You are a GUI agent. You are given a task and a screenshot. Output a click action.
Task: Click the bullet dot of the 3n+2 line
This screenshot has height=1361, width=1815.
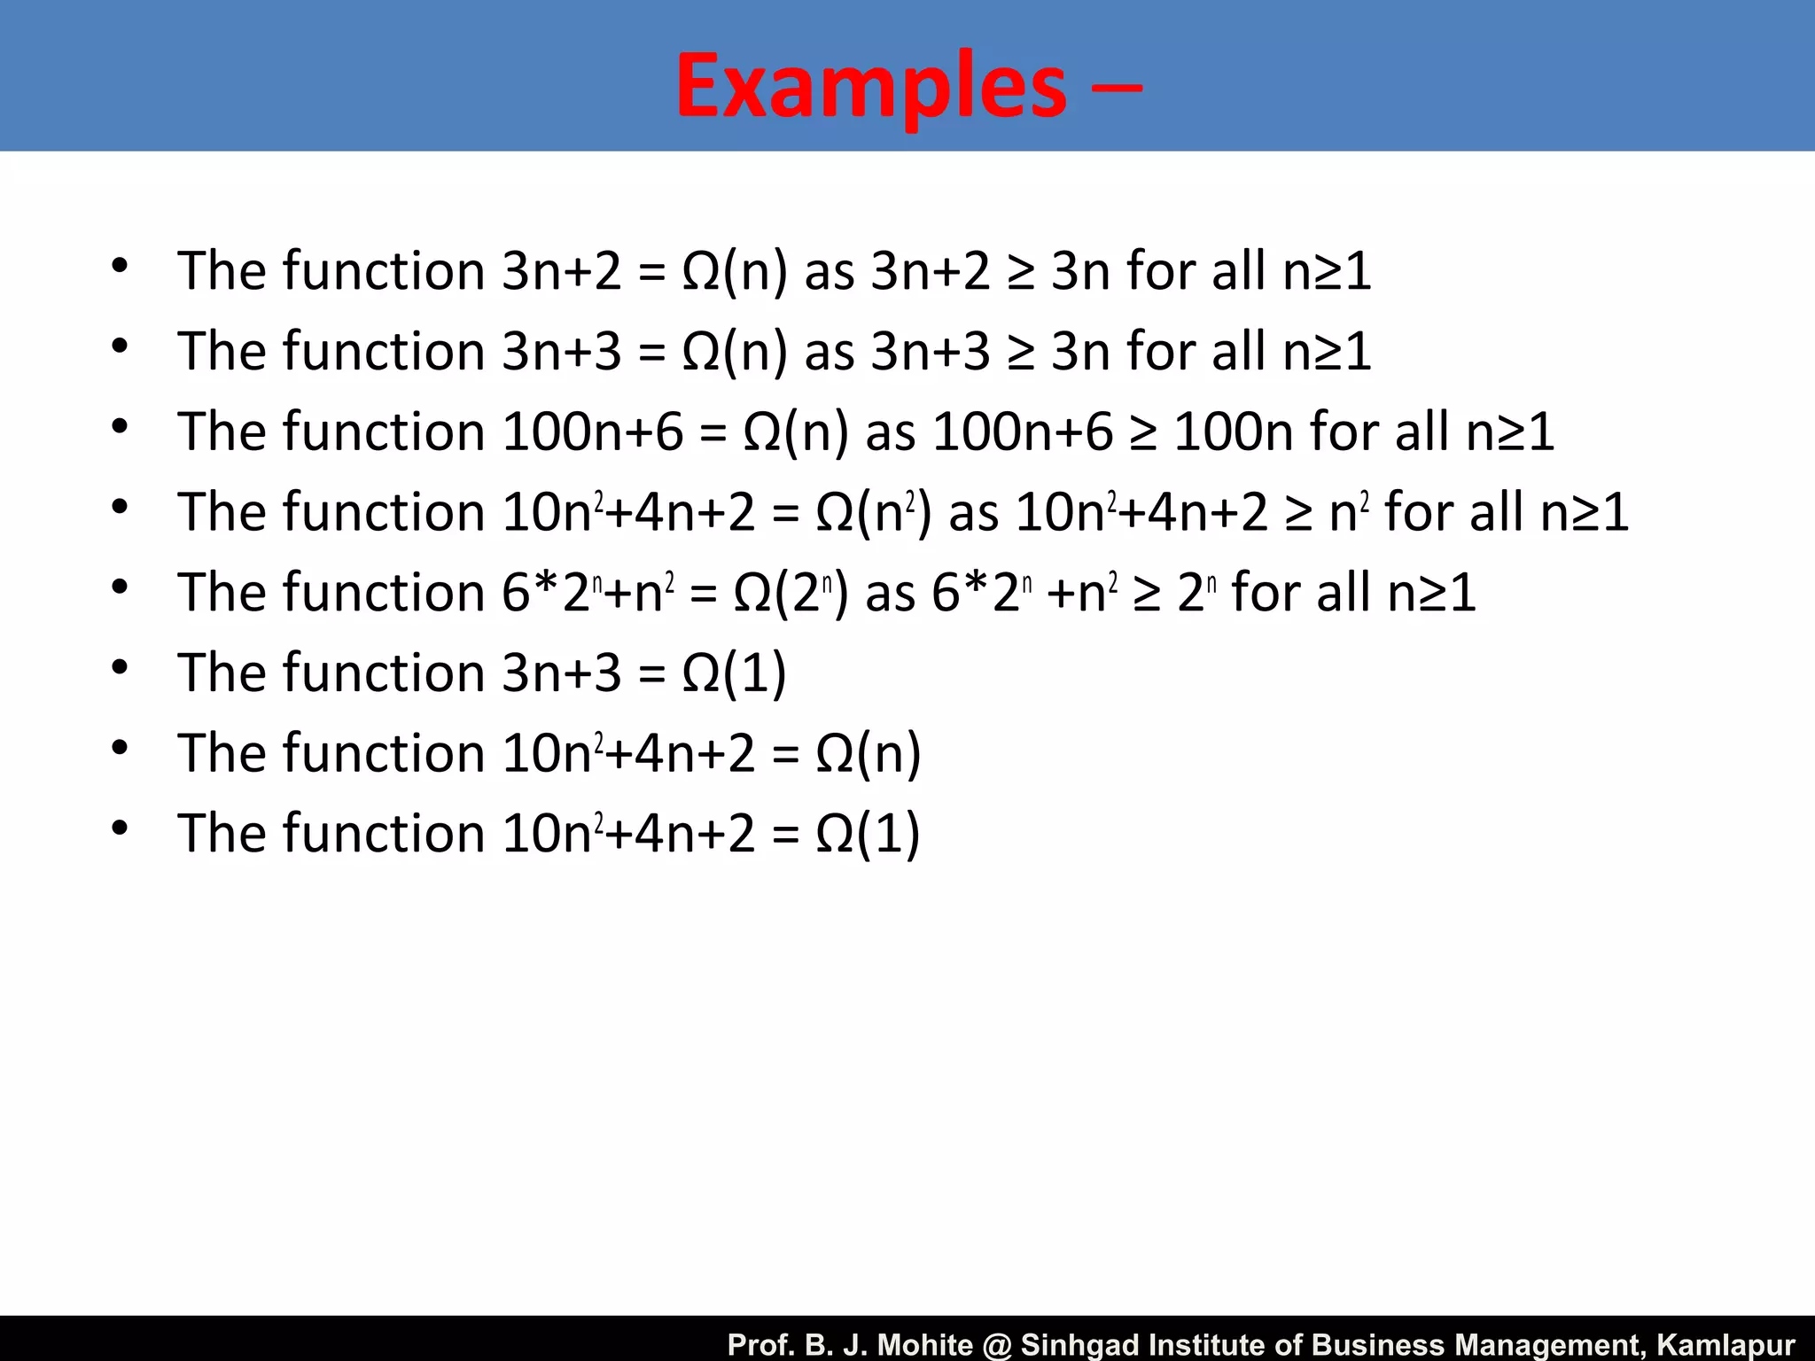pyautogui.click(x=120, y=265)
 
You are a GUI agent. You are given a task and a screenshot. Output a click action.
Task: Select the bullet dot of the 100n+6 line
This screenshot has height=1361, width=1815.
pyautogui.click(x=120, y=426)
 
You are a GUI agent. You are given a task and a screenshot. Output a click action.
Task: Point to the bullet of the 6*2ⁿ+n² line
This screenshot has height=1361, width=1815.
pyautogui.click(x=120, y=587)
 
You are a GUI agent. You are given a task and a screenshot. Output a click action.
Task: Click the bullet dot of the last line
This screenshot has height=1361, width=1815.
pyautogui.click(x=120, y=828)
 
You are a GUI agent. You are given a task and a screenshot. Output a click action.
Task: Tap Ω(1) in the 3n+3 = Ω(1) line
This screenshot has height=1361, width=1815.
pyautogui.click(x=734, y=673)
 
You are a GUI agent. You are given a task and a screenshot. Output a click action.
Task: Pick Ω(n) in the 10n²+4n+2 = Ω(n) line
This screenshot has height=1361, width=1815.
pyautogui.click(x=868, y=754)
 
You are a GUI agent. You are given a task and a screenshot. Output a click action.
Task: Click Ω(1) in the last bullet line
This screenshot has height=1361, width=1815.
pyautogui.click(x=868, y=835)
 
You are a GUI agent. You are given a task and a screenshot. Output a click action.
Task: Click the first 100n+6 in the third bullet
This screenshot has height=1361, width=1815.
pyautogui.click(x=593, y=432)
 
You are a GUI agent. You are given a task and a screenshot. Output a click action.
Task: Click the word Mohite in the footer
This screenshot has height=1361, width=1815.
pyautogui.click(x=925, y=1344)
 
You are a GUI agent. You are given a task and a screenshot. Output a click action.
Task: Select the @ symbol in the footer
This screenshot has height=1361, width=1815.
pyautogui.click(x=998, y=1344)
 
